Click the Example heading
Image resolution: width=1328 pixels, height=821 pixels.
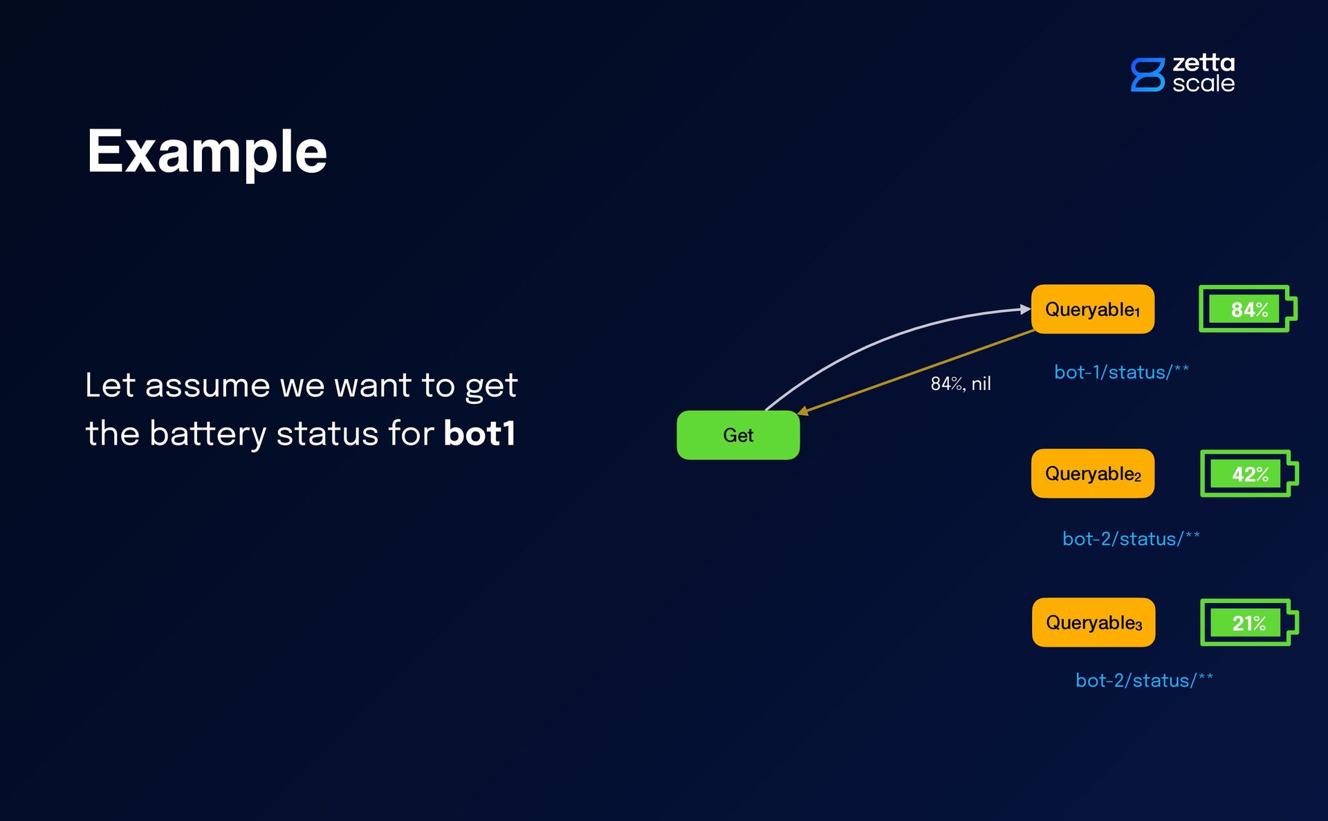(x=207, y=152)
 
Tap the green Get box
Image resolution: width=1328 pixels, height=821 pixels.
(x=738, y=435)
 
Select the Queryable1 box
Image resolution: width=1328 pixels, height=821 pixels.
(x=1092, y=309)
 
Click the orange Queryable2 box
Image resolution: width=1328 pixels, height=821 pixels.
(x=1092, y=474)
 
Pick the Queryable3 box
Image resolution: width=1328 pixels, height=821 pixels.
(x=1093, y=622)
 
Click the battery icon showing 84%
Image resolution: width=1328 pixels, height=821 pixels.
(x=1247, y=309)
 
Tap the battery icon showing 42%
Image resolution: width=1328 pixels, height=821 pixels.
(x=1248, y=474)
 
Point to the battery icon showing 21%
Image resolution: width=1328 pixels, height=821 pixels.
(x=1248, y=622)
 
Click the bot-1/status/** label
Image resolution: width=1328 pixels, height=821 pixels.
(x=1120, y=372)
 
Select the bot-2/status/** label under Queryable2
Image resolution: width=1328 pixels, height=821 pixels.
(x=1131, y=539)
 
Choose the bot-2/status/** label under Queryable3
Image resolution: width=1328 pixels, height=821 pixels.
(x=1144, y=681)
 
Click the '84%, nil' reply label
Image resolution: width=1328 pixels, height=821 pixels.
(x=960, y=384)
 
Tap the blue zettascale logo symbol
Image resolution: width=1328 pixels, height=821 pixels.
(x=1147, y=75)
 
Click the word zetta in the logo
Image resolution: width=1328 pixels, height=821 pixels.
(x=1203, y=63)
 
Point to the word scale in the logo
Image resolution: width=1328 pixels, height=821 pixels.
(x=1203, y=84)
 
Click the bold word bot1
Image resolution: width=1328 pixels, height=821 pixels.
(x=479, y=434)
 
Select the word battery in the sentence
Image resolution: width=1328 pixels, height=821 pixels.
(x=207, y=434)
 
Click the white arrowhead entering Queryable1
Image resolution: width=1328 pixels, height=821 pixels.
(x=1026, y=309)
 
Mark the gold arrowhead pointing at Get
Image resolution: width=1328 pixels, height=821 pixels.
(x=804, y=412)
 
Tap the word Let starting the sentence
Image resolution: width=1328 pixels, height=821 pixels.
(x=109, y=385)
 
